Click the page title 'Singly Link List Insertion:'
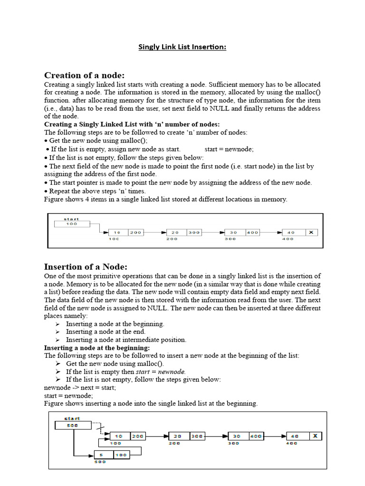tap(182, 47)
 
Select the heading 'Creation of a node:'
tap(84, 75)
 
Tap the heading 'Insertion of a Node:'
tap(86, 266)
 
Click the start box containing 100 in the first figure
tap(71, 224)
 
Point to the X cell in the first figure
tap(311, 233)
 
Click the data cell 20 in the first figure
tap(175, 233)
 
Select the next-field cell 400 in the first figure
tap(252, 233)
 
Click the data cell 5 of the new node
tap(101, 455)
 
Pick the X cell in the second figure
tap(315, 436)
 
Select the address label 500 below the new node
tap(100, 462)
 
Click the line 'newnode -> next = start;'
tap(80, 388)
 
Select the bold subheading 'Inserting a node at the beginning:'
tap(97, 348)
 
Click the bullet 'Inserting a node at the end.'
tap(106, 332)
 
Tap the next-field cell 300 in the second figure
tap(197, 436)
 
